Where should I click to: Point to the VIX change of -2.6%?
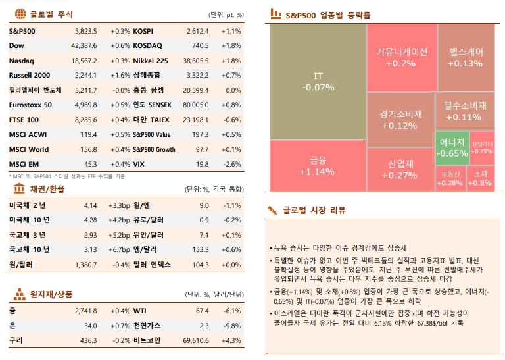click(x=232, y=164)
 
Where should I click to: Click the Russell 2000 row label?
click(x=30, y=75)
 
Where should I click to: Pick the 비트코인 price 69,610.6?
click(x=195, y=340)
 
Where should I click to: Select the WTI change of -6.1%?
click(x=232, y=311)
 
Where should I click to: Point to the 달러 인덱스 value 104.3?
click(x=200, y=265)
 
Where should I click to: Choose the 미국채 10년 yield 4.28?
click(x=90, y=220)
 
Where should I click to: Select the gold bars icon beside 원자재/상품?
click(x=19, y=294)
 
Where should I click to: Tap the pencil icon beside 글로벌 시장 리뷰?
click(x=272, y=211)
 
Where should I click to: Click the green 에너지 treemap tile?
click(x=452, y=147)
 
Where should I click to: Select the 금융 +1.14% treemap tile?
click(x=316, y=165)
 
